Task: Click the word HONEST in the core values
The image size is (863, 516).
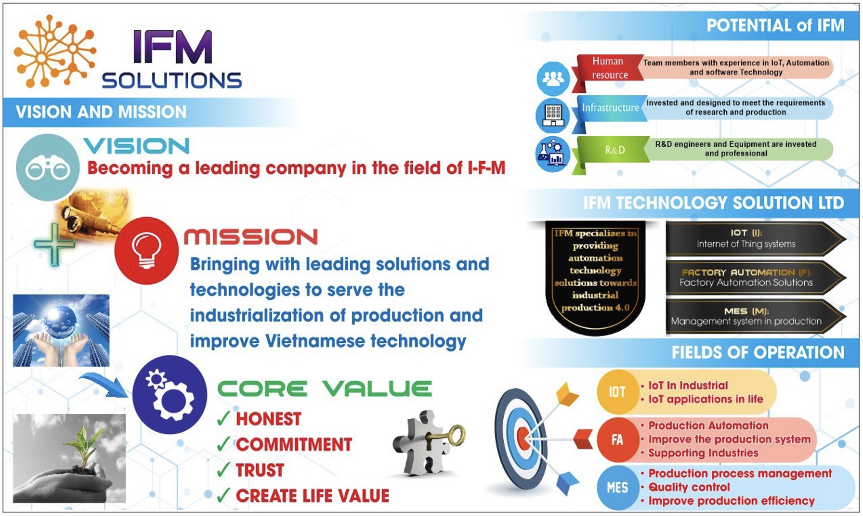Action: pos(269,419)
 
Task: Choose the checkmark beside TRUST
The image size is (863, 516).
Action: pos(223,470)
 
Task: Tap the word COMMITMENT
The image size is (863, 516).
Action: pos(294,444)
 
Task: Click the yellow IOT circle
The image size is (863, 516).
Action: pos(617,392)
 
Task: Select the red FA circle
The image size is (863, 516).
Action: pos(617,439)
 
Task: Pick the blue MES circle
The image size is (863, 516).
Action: pos(617,488)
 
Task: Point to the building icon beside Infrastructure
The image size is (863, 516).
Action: pos(553,116)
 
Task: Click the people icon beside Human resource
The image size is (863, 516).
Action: pos(553,78)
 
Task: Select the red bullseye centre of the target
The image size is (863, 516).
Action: pos(523,438)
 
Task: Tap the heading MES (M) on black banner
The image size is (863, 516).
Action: pos(746,311)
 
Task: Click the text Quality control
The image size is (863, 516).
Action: pos(689,487)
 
